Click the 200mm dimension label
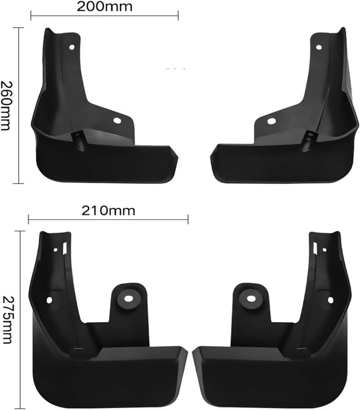point(104,7)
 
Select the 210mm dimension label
point(108,211)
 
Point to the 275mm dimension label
point(7,320)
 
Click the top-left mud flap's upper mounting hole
point(72,47)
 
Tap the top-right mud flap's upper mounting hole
point(319,47)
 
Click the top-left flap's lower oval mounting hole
point(117,121)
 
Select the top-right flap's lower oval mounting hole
point(271,121)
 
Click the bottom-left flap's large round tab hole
point(128,298)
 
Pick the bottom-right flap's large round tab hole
point(251,298)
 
